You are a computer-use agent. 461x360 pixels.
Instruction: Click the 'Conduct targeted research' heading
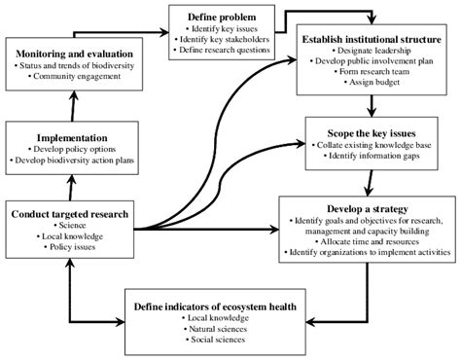coord(69,211)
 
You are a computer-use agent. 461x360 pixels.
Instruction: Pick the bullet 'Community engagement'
coord(78,77)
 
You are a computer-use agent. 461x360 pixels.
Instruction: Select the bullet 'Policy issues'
coord(70,248)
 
